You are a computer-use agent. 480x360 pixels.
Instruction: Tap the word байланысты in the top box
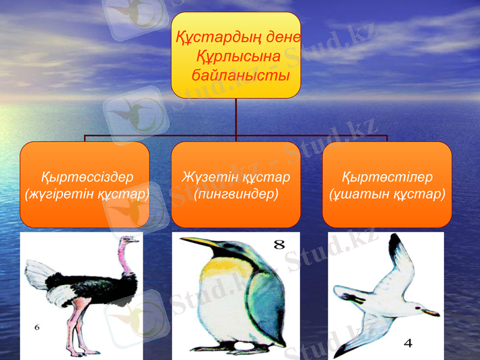pos(241,76)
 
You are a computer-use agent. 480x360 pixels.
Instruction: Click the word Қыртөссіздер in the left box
pos(86,178)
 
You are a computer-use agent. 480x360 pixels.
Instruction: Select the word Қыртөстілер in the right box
pos(387,178)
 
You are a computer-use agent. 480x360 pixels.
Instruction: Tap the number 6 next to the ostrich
pos(37,328)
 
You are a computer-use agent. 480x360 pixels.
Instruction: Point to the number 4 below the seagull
pos(408,343)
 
